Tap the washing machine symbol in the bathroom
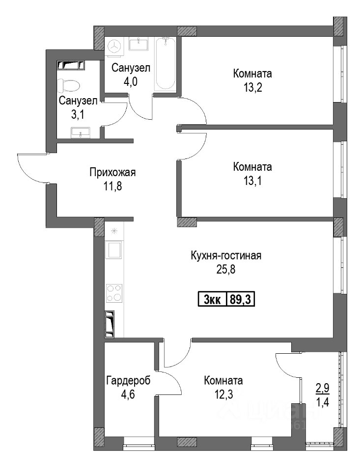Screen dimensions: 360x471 pyautogui.click(x=114, y=46)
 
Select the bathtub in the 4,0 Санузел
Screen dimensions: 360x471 pyautogui.click(x=165, y=64)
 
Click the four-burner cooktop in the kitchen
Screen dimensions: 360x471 pyautogui.click(x=114, y=293)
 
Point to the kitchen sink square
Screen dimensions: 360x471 pyautogui.click(x=114, y=249)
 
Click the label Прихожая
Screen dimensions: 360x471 pyautogui.click(x=112, y=172)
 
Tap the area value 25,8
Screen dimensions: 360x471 pyautogui.click(x=225, y=269)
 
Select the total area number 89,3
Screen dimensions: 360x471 pyautogui.click(x=240, y=299)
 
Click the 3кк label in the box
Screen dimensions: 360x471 pyautogui.click(x=212, y=300)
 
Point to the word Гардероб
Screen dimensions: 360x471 pyautogui.click(x=128, y=381)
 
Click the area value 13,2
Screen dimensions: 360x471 pyautogui.click(x=252, y=88)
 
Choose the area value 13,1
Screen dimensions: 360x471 pyautogui.click(x=252, y=181)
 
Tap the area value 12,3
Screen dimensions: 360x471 pyautogui.click(x=223, y=394)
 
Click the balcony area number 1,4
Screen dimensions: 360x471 pyautogui.click(x=322, y=402)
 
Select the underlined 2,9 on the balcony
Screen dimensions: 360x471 pyautogui.click(x=322, y=389)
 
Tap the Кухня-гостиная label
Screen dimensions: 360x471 pyautogui.click(x=226, y=256)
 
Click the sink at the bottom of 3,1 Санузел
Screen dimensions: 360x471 pyautogui.click(x=81, y=132)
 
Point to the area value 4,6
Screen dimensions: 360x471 pyautogui.click(x=128, y=394)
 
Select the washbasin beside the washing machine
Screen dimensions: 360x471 pyautogui.click(x=138, y=44)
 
